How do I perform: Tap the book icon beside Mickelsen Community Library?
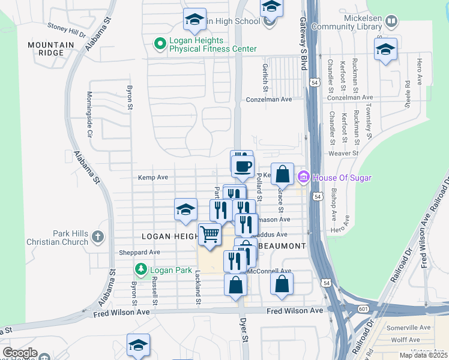pos(391,22)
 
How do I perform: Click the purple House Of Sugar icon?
pos(303,177)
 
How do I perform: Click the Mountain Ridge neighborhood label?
pos(51,49)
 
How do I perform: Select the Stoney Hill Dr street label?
pos(67,28)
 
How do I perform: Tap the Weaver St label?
pos(343,153)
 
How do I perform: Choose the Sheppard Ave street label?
pos(139,253)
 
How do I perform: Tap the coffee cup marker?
pos(243,167)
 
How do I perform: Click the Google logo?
pos(20,353)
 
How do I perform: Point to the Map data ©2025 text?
pos(423,355)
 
